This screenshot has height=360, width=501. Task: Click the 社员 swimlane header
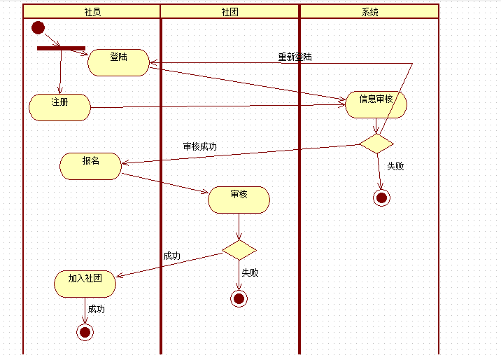click(x=92, y=12)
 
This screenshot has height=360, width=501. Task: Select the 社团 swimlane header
click(x=230, y=12)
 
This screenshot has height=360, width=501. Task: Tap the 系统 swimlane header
click(x=369, y=12)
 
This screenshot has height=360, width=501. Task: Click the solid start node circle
click(x=38, y=28)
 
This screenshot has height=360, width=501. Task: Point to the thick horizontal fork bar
click(x=61, y=48)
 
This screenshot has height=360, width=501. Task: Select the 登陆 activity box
click(x=119, y=62)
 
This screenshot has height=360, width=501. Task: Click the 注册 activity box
click(x=60, y=107)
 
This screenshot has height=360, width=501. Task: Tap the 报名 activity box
click(x=91, y=166)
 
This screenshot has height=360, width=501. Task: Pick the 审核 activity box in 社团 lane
click(x=239, y=200)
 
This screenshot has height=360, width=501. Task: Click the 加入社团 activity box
click(x=85, y=284)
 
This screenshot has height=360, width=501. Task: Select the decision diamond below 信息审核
click(x=376, y=144)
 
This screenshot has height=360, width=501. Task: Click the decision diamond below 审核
click(x=239, y=249)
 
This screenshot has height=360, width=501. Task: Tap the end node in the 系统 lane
click(x=381, y=198)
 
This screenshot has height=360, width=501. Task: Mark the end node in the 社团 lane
click(x=239, y=299)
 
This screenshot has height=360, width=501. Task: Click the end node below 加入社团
click(x=85, y=331)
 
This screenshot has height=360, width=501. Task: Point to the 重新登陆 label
click(x=295, y=57)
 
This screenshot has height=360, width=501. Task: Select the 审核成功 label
click(x=199, y=147)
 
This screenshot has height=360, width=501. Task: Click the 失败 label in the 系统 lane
click(x=395, y=167)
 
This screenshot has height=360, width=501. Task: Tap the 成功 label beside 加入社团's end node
click(x=97, y=309)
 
